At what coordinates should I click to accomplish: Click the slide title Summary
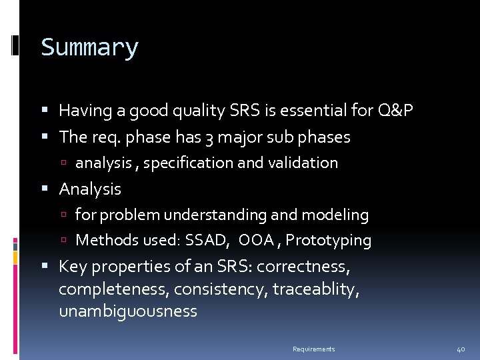click(x=89, y=48)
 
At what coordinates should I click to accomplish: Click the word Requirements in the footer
click(x=313, y=349)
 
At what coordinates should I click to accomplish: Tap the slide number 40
click(x=461, y=349)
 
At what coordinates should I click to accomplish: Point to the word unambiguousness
click(x=128, y=311)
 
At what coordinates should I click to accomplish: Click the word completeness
click(x=104, y=289)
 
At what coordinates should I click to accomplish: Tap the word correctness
click(x=303, y=267)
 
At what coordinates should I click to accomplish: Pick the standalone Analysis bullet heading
click(x=90, y=189)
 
